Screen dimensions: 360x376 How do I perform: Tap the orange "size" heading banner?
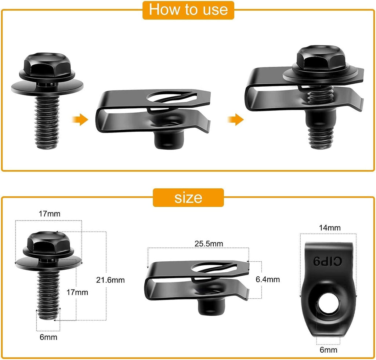click(188, 197)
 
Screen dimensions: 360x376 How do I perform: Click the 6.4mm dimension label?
click(268, 279)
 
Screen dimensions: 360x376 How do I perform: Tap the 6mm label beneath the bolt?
click(48, 337)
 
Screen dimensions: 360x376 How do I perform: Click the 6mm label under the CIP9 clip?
click(328, 350)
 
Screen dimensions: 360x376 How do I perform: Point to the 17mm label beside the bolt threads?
click(77, 292)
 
